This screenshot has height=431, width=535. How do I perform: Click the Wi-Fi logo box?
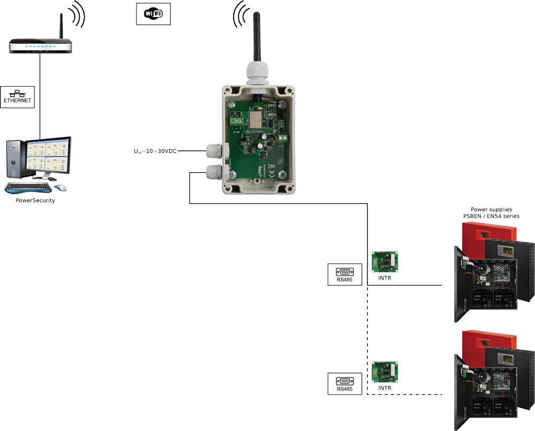click(154, 14)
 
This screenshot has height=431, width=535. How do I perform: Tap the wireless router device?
click(40, 47)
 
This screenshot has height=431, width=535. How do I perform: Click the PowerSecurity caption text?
click(35, 201)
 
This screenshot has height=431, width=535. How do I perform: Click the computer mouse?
click(60, 188)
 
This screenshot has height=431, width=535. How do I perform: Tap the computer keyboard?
click(28, 188)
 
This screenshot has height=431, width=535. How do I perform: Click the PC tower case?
click(14, 159)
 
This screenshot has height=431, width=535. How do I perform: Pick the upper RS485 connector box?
click(344, 274)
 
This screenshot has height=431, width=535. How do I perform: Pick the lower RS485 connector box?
click(344, 384)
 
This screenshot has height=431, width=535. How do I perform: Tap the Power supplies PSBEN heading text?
click(491, 213)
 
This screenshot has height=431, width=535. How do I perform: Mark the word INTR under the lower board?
click(385, 388)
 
